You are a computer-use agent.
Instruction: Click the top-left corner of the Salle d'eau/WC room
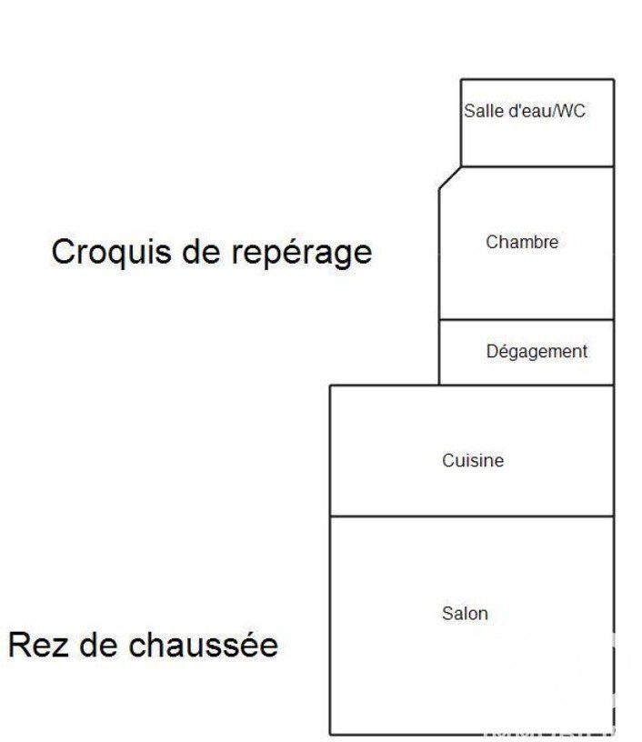pyautogui.click(x=461, y=79)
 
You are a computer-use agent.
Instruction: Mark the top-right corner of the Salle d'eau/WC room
pyautogui.click(x=614, y=79)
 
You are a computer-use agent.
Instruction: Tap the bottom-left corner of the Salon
pyautogui.click(x=330, y=734)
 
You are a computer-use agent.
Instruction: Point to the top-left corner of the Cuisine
pyautogui.click(x=330, y=386)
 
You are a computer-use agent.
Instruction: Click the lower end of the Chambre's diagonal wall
pyautogui.click(x=439, y=189)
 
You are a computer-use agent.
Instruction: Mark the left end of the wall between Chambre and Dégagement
pyautogui.click(x=439, y=319)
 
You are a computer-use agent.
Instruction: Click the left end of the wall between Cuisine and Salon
pyautogui.click(x=330, y=516)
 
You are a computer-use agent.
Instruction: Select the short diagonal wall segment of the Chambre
pyautogui.click(x=450, y=178)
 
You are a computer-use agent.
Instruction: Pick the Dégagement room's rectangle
pyautogui.click(x=527, y=352)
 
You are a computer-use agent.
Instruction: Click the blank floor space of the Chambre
pyautogui.click(x=527, y=284)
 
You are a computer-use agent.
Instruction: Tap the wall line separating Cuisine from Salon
pyautogui.click(x=472, y=516)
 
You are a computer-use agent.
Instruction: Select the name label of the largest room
pyautogui.click(x=465, y=613)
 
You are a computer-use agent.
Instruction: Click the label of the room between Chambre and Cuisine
pyautogui.click(x=537, y=352)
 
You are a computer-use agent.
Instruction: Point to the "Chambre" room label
pyautogui.click(x=522, y=242)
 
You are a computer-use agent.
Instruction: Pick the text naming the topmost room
pyautogui.click(x=524, y=111)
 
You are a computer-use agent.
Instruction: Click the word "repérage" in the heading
pyautogui.click(x=301, y=253)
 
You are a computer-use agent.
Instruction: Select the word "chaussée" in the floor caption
pyautogui.click(x=204, y=645)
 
